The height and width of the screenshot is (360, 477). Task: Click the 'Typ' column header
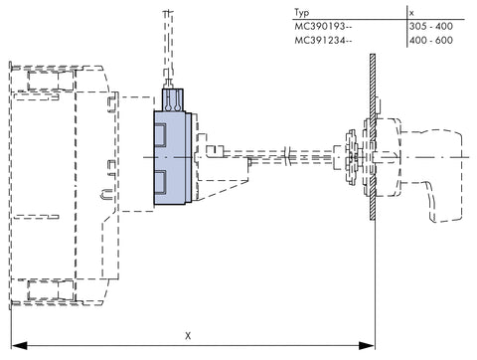click(301, 13)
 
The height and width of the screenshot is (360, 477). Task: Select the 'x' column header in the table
click(411, 13)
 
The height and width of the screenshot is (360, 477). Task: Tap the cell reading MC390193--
click(323, 26)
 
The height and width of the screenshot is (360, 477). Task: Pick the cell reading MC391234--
click(323, 40)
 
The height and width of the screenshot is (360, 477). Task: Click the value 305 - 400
click(431, 26)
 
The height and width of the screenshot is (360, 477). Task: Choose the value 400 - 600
click(431, 40)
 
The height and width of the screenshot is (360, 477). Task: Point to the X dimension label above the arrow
click(188, 336)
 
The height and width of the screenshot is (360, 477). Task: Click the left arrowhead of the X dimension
click(19, 346)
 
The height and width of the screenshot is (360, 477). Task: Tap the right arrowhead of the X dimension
click(367, 346)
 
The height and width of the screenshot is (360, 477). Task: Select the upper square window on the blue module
click(160, 135)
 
